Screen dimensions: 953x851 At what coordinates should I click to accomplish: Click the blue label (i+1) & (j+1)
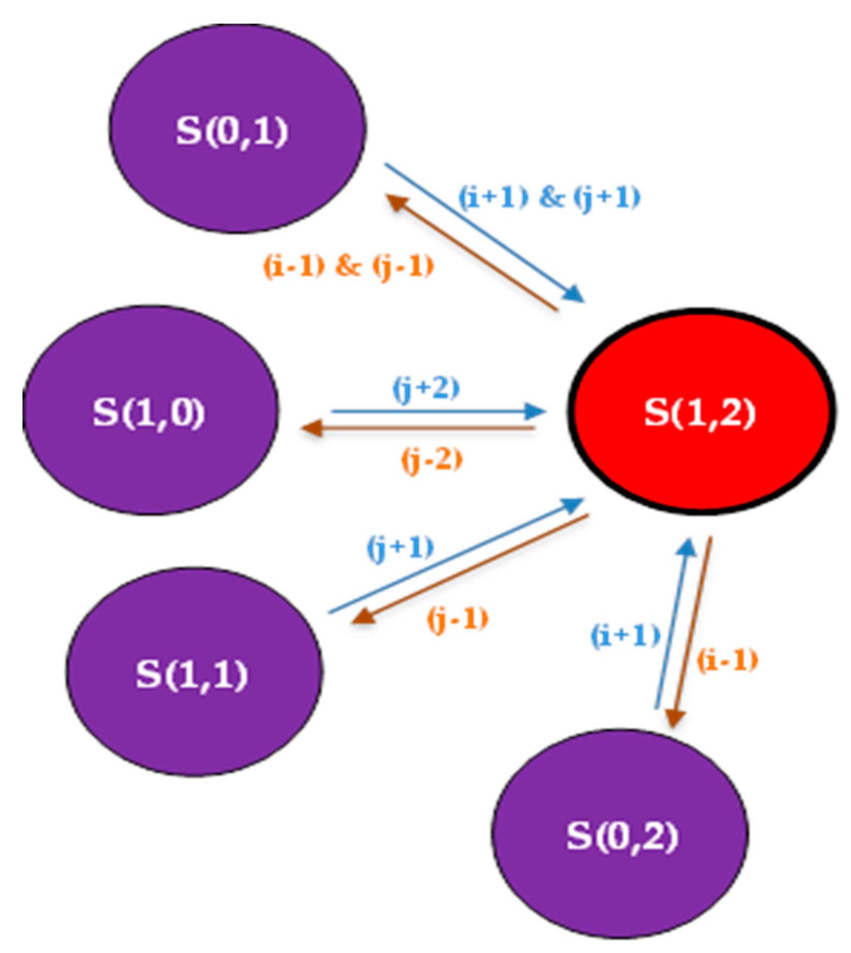pos(549,197)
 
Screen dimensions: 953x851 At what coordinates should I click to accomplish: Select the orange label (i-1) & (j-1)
pos(348,266)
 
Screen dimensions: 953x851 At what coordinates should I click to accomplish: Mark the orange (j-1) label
pos(457,619)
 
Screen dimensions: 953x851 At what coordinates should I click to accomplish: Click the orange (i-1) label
pos(727,661)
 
